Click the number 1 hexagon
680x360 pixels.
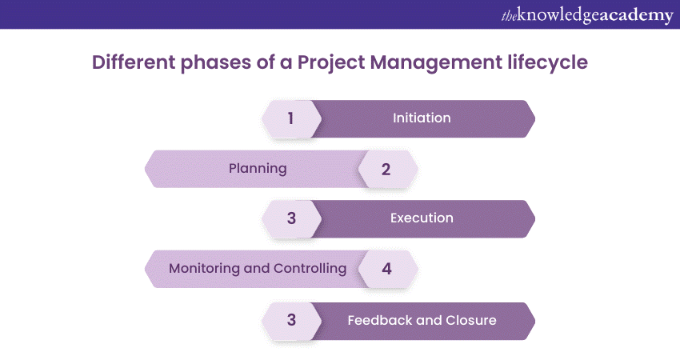tap(291, 119)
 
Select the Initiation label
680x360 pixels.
tap(422, 118)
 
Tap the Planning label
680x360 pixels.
tap(258, 169)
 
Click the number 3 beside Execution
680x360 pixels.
tap(291, 218)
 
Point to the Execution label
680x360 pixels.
tap(422, 218)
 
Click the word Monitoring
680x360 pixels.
tap(204, 269)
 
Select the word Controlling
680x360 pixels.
tap(310, 269)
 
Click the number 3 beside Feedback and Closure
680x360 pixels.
tap(291, 321)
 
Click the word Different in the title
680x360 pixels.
tap(133, 62)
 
